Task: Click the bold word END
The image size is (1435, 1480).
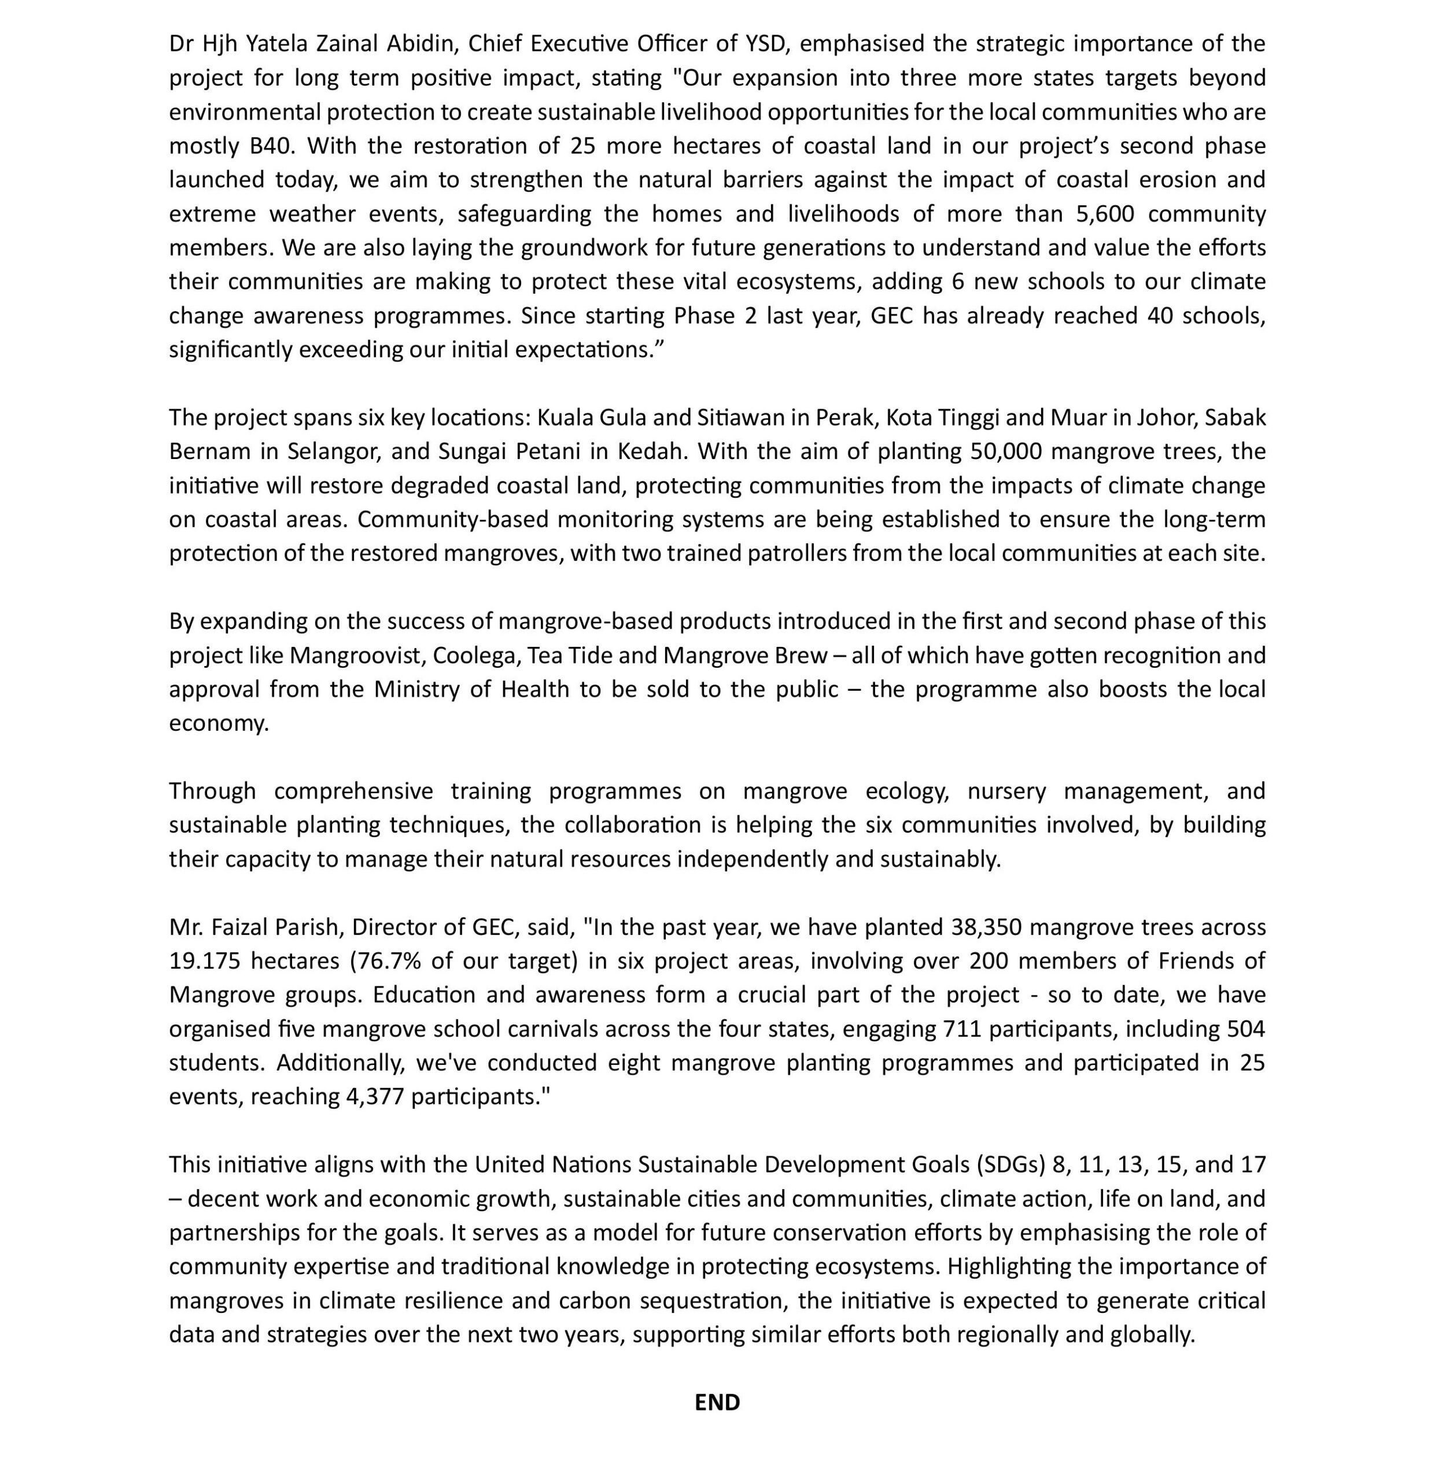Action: pos(717,1402)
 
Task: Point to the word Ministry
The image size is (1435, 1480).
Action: pos(416,689)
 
